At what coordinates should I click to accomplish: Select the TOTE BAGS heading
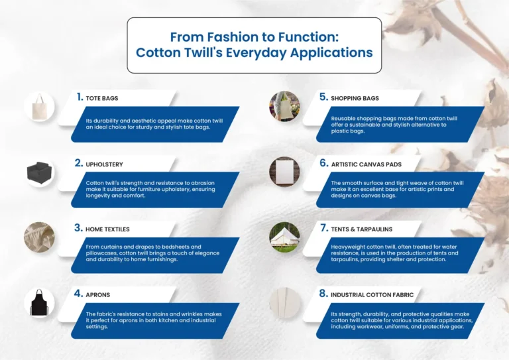tap(101, 98)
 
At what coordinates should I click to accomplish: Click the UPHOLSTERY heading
tap(104, 164)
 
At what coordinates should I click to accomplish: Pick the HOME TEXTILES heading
tap(107, 229)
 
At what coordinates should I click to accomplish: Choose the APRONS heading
tap(98, 294)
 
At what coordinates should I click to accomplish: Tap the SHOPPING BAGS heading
tap(355, 98)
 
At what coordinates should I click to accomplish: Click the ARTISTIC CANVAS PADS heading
tap(366, 164)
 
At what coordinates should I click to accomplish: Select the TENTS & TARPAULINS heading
tap(361, 229)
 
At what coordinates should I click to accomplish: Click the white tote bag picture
tap(38, 107)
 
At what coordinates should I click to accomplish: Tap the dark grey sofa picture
tap(39, 172)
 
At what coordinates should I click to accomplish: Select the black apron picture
tap(39, 302)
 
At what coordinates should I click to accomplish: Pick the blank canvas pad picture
tap(284, 172)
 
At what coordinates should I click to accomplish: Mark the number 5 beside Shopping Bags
tap(323, 97)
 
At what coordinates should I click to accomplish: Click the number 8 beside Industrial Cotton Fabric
tap(323, 293)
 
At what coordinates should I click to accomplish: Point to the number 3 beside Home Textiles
tap(79, 228)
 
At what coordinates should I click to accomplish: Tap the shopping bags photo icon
tap(284, 107)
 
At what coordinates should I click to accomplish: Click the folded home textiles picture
tap(39, 237)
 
